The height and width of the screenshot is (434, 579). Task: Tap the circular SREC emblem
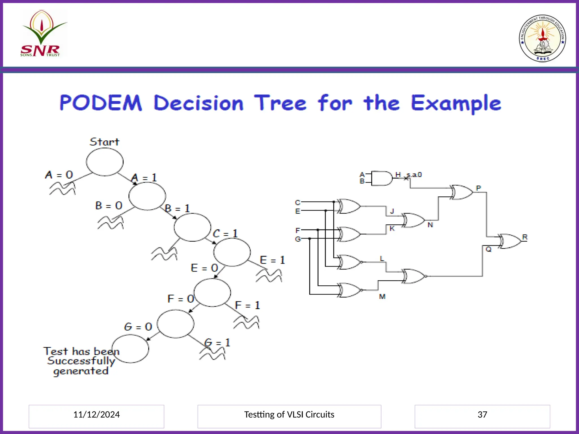(542, 38)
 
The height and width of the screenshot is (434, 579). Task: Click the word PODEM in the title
(101, 103)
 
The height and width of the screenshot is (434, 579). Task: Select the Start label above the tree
(104, 142)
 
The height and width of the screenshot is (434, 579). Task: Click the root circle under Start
(105, 162)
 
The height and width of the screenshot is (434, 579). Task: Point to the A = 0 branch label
(59, 175)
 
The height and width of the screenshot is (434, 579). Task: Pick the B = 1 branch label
(177, 209)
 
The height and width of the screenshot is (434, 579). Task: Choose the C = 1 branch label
(225, 234)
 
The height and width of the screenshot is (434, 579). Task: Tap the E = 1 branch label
(272, 260)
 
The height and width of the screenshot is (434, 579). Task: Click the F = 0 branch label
(180, 299)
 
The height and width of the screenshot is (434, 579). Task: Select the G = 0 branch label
(138, 327)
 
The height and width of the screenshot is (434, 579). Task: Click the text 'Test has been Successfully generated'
(81, 361)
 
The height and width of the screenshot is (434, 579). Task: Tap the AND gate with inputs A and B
(381, 178)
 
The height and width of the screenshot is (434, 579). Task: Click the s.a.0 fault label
(414, 175)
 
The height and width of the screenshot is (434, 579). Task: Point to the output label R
(525, 237)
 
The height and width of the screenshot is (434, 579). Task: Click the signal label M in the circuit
(382, 296)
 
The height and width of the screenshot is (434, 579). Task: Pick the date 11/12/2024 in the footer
(96, 415)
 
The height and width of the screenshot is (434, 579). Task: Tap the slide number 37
(482, 415)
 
